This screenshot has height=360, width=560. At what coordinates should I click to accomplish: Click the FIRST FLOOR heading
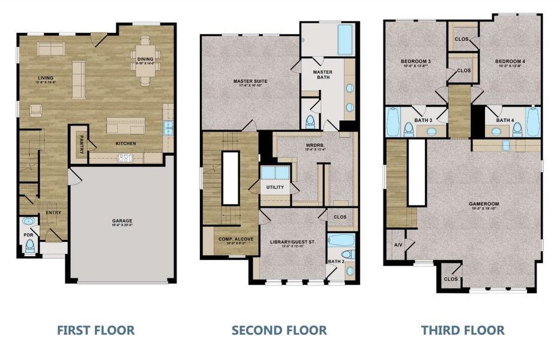[95, 330]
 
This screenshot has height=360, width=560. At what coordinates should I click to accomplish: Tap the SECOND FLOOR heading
[279, 330]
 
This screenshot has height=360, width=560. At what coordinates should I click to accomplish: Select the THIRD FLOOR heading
[462, 330]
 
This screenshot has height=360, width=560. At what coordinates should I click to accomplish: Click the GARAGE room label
[122, 221]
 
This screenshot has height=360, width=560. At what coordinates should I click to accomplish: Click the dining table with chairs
[144, 59]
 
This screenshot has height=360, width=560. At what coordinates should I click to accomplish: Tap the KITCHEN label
[126, 143]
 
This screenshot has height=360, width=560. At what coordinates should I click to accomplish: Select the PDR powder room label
[28, 235]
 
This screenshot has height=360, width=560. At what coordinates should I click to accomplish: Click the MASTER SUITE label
[251, 81]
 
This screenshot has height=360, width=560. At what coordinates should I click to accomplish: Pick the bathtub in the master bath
[346, 39]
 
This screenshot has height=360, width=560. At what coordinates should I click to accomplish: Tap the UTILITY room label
[275, 188]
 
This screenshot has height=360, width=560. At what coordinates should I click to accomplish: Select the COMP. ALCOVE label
[236, 239]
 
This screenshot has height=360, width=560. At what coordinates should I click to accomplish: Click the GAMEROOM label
[484, 204]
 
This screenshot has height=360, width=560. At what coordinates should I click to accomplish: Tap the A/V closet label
[397, 245]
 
